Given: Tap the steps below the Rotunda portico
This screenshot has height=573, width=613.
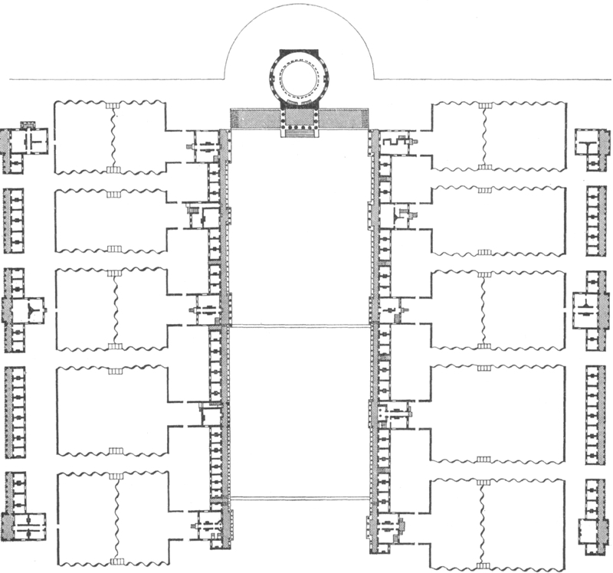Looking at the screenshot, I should point(299,132).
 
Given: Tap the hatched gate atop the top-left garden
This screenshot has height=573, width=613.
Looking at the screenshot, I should point(113,103).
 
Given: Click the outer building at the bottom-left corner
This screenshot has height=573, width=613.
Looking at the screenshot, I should point(25,528).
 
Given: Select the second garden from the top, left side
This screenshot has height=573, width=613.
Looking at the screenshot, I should point(112,220).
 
